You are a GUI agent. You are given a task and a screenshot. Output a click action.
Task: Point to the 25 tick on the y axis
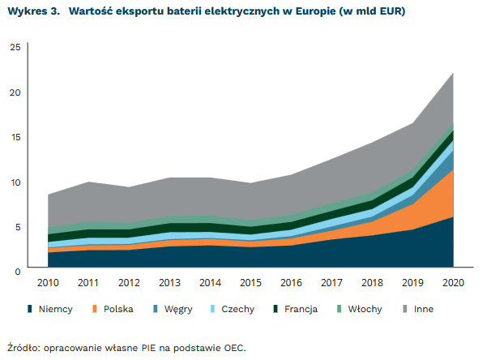coord(15,47)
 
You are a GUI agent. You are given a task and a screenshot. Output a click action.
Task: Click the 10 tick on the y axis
coord(15,182)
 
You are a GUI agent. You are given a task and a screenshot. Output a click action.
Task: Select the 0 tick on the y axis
coord(17,271)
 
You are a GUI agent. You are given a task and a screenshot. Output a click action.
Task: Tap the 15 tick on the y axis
coord(15,137)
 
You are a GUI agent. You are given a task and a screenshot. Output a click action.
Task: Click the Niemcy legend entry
coord(54,309)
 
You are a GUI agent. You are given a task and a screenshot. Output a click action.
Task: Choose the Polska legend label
coord(118,309)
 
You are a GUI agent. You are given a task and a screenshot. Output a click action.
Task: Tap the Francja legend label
coord(301,309)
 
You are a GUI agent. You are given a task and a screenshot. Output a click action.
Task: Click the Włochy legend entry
coord(365,309)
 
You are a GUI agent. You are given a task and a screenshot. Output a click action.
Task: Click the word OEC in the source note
coord(232,346)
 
